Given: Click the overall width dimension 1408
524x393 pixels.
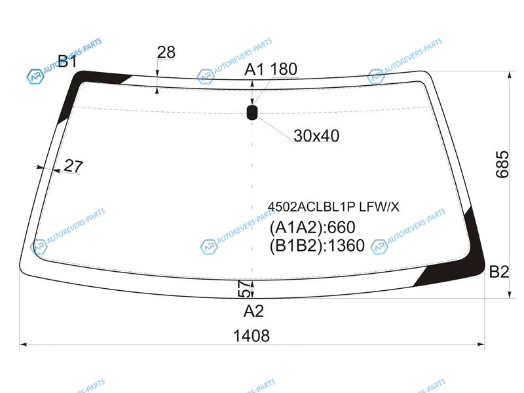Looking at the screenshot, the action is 252,335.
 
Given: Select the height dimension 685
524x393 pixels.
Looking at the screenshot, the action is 502,164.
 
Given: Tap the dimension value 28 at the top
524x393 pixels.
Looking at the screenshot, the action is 166,52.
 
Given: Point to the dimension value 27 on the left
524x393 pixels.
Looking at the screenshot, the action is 73,166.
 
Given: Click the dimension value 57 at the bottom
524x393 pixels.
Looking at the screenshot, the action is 244,289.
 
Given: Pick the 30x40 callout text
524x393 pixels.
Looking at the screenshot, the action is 316,136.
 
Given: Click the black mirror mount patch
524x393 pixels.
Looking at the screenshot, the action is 252,112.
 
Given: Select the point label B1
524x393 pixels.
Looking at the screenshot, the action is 67,61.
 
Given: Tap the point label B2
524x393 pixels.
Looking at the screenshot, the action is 499,272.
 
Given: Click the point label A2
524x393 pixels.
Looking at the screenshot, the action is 253,311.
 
